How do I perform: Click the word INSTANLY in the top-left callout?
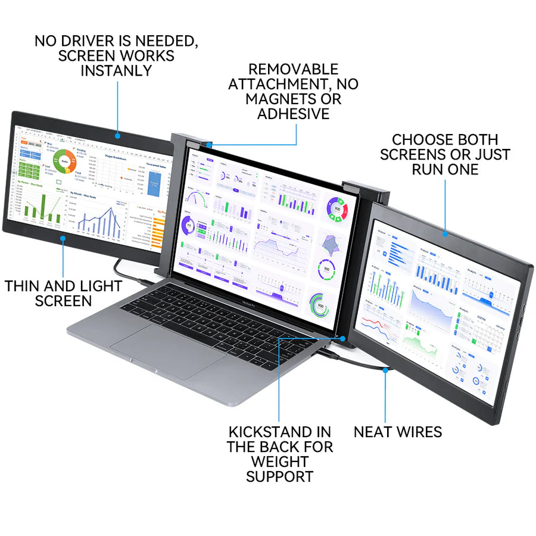pyautogui.click(x=116, y=70)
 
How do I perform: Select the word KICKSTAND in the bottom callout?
pyautogui.click(x=262, y=431)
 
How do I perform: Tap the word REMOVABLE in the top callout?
pyautogui.click(x=293, y=69)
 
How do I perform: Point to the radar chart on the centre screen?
pyautogui.click(x=329, y=243)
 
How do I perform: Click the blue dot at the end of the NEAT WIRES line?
pyautogui.click(x=385, y=370)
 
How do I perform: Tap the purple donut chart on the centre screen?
pyautogui.click(x=189, y=227)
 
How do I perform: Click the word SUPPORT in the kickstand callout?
pyautogui.click(x=279, y=476)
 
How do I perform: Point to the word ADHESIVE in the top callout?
pyautogui.click(x=293, y=114)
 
